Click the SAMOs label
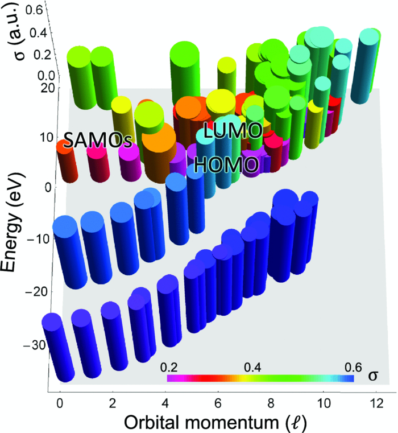(93, 139)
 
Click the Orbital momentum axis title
(219, 422)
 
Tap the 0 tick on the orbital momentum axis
(60, 402)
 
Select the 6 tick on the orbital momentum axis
(219, 402)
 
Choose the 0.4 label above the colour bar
(251, 368)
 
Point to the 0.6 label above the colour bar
(346, 368)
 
